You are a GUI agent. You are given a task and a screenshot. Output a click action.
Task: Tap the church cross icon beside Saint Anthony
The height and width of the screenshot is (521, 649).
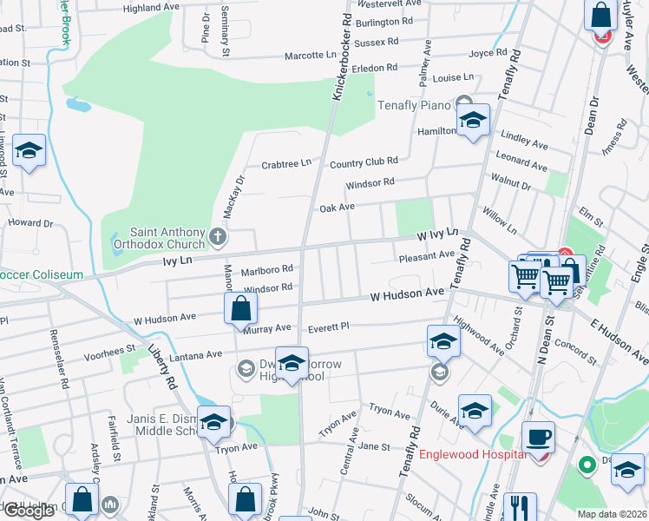click(217, 235)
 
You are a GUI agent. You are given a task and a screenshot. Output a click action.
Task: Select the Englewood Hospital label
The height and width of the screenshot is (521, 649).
click(472, 454)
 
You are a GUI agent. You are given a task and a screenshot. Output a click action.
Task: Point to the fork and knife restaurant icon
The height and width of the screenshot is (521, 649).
click(520, 508)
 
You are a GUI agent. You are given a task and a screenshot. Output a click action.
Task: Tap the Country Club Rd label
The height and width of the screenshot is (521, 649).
click(363, 162)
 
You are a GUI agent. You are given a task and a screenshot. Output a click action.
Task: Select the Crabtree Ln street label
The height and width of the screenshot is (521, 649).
click(286, 163)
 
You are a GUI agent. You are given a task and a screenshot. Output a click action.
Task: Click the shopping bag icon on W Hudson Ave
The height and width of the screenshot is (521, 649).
click(240, 309)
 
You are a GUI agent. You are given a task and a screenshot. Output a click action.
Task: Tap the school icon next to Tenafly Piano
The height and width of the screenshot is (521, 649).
click(474, 121)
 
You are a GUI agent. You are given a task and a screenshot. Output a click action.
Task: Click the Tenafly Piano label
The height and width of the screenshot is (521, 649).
click(414, 105)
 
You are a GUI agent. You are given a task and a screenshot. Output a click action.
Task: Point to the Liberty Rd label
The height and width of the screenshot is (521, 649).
click(167, 367)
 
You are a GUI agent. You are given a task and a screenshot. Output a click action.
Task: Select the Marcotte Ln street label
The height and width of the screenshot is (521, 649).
click(311, 56)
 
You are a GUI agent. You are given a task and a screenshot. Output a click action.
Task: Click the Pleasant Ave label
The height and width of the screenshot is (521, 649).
click(426, 256)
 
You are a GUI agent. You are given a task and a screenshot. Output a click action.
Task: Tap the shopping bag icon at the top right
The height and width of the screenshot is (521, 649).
click(600, 16)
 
